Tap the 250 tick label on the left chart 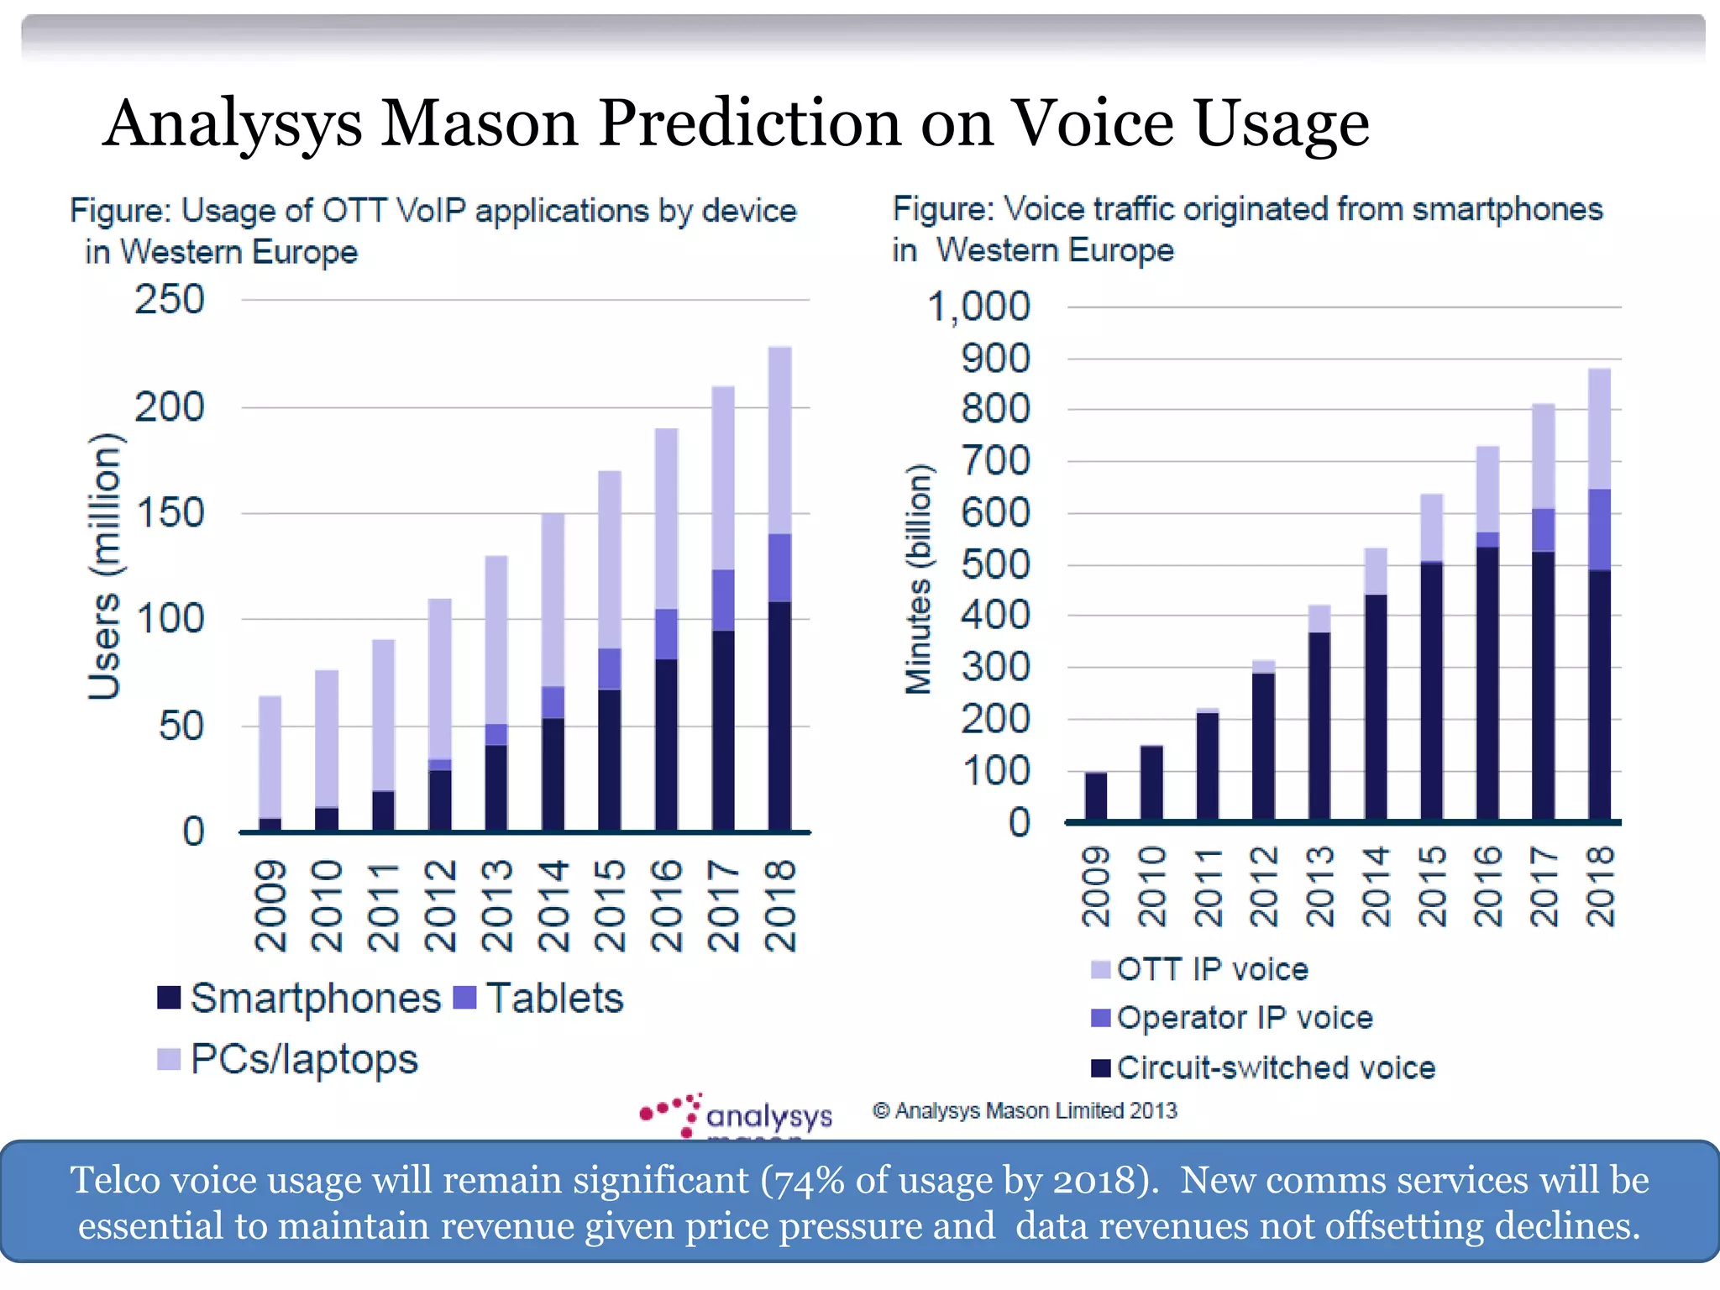169,300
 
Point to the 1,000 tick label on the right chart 978,307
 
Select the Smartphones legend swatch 169,998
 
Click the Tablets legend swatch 464,998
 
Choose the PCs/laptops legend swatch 169,1059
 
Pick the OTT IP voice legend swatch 1100,969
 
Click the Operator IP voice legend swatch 1100,1018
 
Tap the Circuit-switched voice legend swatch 1100,1067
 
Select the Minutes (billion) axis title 918,579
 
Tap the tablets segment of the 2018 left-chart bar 779,568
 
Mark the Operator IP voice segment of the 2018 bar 1600,530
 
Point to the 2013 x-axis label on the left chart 496,905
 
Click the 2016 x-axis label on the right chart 1488,886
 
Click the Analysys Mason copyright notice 1025,1111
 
